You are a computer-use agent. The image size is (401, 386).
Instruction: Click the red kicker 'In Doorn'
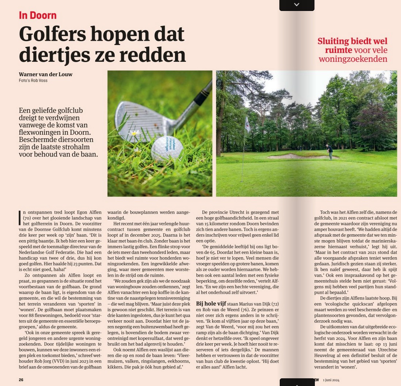38,15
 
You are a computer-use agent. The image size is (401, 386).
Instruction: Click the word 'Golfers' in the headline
52,34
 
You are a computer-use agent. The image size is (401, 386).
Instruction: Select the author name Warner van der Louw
46,74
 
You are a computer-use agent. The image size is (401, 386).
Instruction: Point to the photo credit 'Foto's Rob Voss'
33,81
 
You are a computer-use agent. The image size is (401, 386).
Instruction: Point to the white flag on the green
247,124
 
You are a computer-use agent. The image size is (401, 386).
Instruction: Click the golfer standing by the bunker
330,152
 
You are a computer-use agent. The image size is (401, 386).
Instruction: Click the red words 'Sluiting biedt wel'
352,41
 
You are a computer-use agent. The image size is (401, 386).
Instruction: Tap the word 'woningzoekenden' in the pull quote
353,59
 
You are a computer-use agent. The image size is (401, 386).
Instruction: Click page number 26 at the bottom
21,380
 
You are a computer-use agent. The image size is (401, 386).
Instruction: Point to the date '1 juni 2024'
331,380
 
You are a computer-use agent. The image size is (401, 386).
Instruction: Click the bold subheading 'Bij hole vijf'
211,303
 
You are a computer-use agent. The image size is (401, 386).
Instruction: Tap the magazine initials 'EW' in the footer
317,380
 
